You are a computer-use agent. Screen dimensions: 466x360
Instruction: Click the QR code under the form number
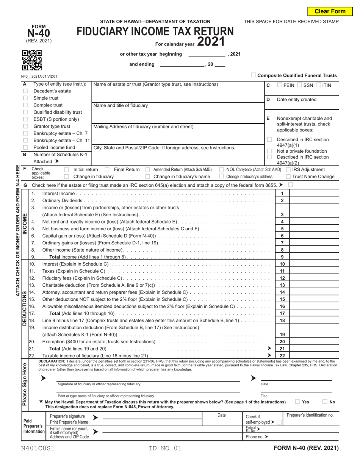[32, 60]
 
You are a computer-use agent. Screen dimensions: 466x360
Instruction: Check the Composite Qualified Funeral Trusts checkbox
[254, 75]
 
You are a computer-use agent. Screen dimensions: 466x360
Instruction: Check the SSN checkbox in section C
[300, 85]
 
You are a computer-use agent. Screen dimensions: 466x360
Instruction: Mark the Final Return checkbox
[107, 170]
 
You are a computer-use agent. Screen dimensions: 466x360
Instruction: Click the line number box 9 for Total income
[282, 257]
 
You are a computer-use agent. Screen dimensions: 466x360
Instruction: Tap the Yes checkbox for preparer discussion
[297, 402]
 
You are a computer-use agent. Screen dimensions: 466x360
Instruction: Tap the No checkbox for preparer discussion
[325, 402]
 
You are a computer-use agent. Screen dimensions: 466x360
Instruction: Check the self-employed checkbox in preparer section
[279, 422]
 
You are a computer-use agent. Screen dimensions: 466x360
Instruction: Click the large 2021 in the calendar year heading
[211, 41]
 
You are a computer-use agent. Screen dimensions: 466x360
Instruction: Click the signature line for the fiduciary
[148, 379]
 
